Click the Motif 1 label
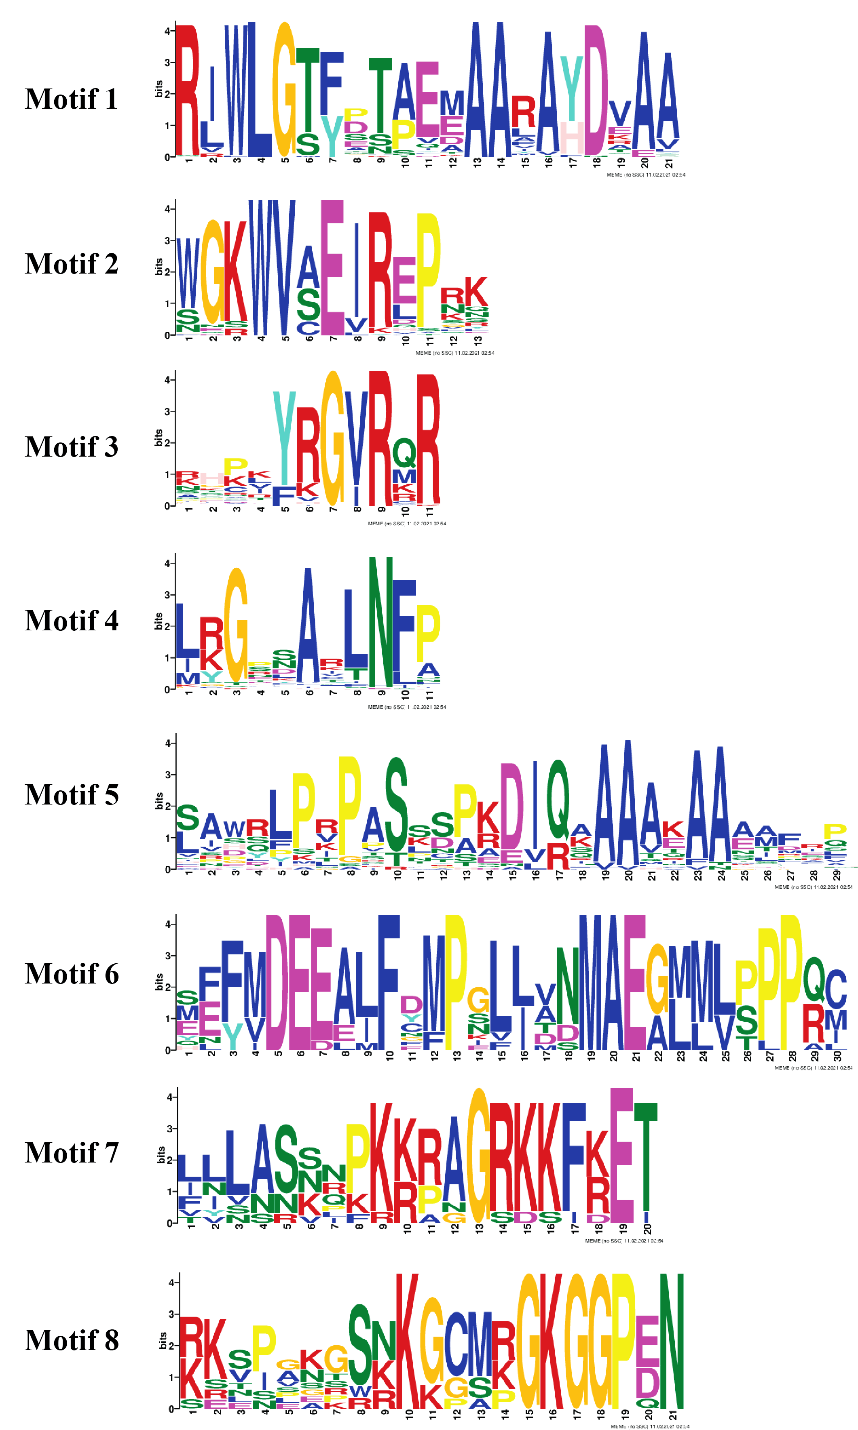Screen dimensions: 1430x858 (71, 99)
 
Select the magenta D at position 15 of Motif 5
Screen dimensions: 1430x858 (511, 806)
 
